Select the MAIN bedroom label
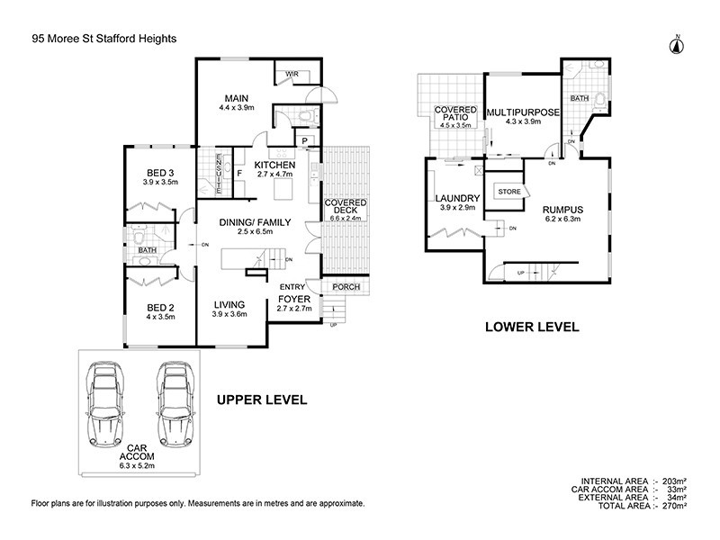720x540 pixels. point(236,98)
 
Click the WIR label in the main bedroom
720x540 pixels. point(292,74)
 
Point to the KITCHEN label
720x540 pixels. point(274,165)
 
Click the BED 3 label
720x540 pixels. point(161,173)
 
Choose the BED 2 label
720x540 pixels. point(161,306)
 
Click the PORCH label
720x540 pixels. point(346,287)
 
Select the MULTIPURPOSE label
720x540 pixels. point(525,112)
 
